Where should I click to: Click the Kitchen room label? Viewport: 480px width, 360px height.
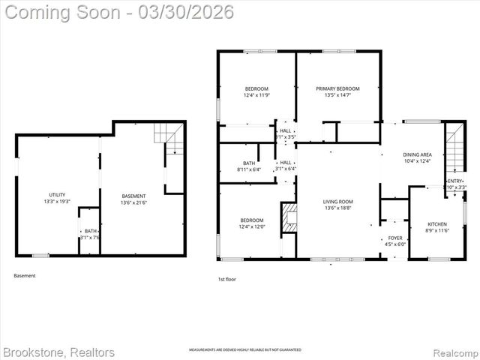coord(436,224)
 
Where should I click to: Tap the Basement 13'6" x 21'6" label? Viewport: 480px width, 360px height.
coord(134,196)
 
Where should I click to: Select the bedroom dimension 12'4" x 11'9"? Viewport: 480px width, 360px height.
coord(256,95)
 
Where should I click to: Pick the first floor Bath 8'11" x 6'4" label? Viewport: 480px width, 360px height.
coord(249,163)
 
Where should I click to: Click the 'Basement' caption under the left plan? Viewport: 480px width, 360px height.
coord(24,275)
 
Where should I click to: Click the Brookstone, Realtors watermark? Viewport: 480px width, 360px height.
coord(58,352)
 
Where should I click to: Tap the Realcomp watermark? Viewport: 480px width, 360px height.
coord(450,352)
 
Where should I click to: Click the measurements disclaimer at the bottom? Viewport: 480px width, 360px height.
coord(244,350)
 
